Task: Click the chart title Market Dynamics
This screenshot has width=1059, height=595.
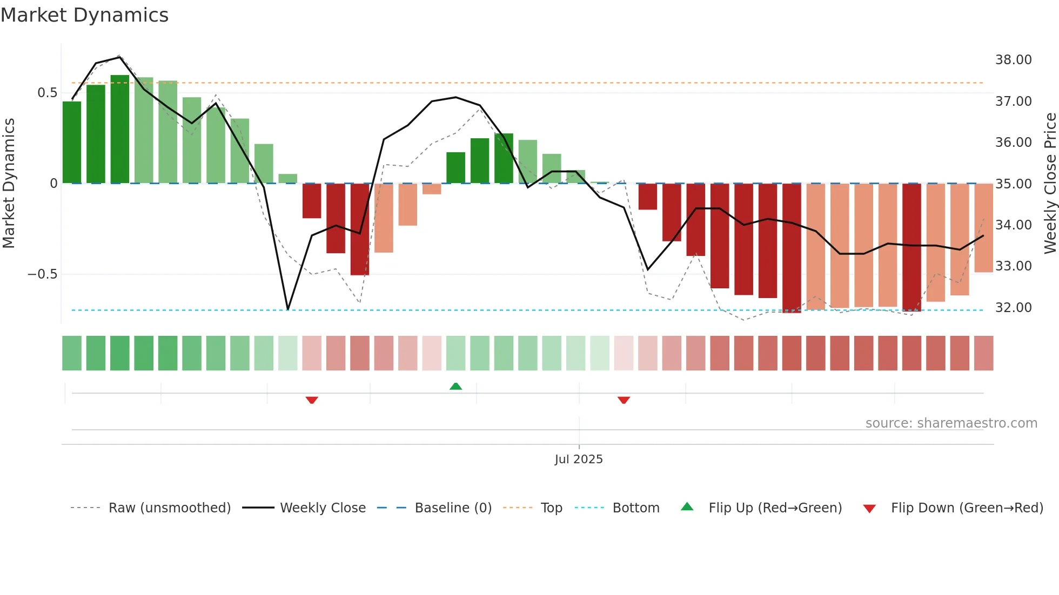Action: pos(85,15)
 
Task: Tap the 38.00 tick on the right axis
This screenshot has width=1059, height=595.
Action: pos(1013,60)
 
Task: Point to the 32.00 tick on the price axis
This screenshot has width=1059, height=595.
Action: pos(1013,308)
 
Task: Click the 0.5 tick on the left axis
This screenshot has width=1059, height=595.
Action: pos(47,93)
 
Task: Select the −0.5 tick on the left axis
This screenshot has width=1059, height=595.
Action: pos(43,274)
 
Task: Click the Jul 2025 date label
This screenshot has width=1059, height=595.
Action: pos(578,459)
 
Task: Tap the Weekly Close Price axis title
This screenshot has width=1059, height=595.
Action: pos(1050,183)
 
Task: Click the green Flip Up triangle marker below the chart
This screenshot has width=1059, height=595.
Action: pos(455,386)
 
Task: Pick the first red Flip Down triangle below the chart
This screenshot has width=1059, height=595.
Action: pos(312,400)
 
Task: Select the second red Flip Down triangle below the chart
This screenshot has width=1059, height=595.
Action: pos(624,400)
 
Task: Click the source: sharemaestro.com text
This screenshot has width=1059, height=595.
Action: pos(951,423)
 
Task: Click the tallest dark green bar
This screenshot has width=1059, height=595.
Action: pos(120,130)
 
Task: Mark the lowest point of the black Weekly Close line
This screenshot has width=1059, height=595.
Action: pos(288,309)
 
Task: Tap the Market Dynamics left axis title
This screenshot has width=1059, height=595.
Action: pos(9,183)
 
